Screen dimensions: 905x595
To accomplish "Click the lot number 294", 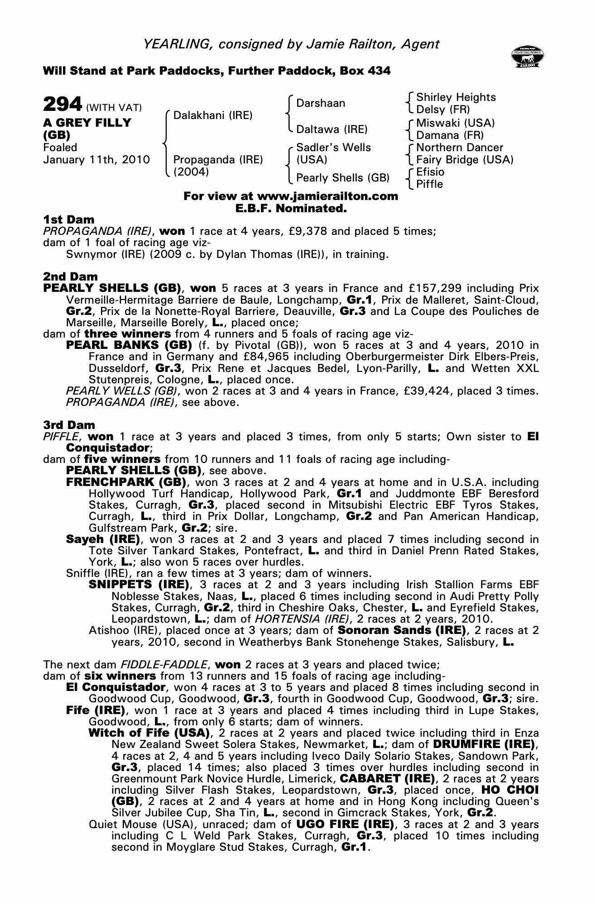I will click(x=62, y=105).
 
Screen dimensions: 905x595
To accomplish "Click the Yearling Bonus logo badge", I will click(x=527, y=57).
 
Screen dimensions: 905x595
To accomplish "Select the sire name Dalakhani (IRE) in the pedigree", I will click(x=213, y=115).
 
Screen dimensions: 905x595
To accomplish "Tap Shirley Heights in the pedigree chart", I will click(x=456, y=97).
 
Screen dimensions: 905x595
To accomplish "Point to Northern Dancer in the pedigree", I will click(x=459, y=148).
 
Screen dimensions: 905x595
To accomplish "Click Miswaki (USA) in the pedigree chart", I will click(x=455, y=123).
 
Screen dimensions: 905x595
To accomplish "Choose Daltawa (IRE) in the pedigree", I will click(x=331, y=129).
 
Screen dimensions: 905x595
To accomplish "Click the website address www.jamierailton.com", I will click(x=327, y=196).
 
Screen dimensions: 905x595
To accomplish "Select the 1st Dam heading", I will click(x=69, y=220).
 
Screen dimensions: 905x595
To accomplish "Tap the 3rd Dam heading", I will click(x=69, y=425).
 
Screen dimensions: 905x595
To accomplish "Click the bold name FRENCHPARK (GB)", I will click(x=126, y=482).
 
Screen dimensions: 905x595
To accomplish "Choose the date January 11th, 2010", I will click(x=96, y=160).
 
